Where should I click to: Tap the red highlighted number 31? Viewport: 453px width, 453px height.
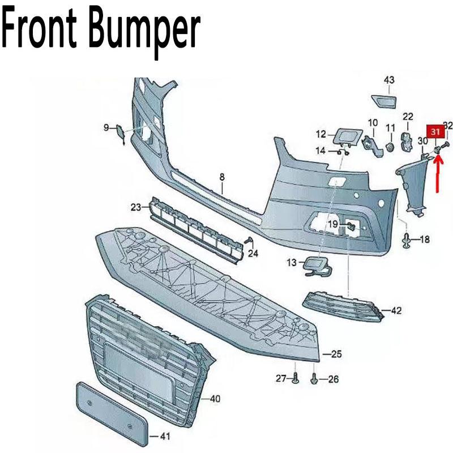pyautogui.click(x=435, y=132)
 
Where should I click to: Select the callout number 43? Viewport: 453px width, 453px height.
pyautogui.click(x=389, y=80)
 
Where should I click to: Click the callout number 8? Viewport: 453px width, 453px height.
pyautogui.click(x=223, y=177)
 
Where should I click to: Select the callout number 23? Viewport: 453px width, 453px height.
pyautogui.click(x=135, y=208)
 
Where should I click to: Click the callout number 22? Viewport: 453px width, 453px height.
pyautogui.click(x=408, y=117)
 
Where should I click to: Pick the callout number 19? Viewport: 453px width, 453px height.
pyautogui.click(x=332, y=225)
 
